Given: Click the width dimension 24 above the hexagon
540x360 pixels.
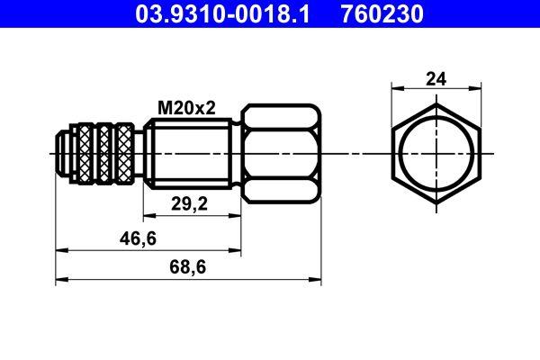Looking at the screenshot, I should click(x=436, y=79).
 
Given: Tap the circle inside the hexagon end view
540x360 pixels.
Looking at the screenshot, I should click(x=436, y=154).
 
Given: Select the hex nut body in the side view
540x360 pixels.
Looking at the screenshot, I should click(x=280, y=154).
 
